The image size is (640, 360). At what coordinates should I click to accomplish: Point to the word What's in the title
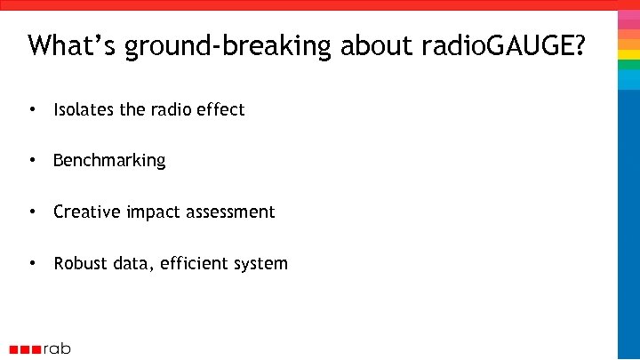coord(72,45)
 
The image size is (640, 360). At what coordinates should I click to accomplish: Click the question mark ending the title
coord(579,45)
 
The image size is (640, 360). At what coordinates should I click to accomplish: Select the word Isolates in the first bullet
coord(84,110)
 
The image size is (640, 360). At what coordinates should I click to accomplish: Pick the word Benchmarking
coord(109,161)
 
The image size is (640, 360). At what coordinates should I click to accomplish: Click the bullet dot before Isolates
coord(32,110)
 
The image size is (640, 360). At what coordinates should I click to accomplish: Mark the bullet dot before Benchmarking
coord(32,161)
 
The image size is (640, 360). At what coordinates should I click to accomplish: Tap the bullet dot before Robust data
coord(32,264)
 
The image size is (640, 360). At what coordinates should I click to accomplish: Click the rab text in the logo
coord(58,348)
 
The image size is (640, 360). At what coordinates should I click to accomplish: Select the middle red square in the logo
coord(26,349)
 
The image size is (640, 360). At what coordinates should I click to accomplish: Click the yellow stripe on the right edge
coord(628,54)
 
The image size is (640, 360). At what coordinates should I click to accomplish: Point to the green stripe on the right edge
coord(628,65)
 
